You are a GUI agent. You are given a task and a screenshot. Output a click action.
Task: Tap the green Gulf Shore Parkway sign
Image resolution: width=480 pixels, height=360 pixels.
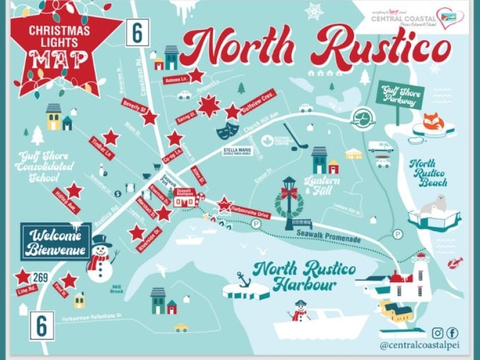(399, 96)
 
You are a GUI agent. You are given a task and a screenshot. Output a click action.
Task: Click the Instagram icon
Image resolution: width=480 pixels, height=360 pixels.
(438, 333)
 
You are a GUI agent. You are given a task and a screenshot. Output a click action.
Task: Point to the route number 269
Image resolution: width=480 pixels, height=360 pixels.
(41, 277)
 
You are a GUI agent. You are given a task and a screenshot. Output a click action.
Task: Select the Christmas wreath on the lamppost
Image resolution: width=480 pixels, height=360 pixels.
(289, 200)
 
